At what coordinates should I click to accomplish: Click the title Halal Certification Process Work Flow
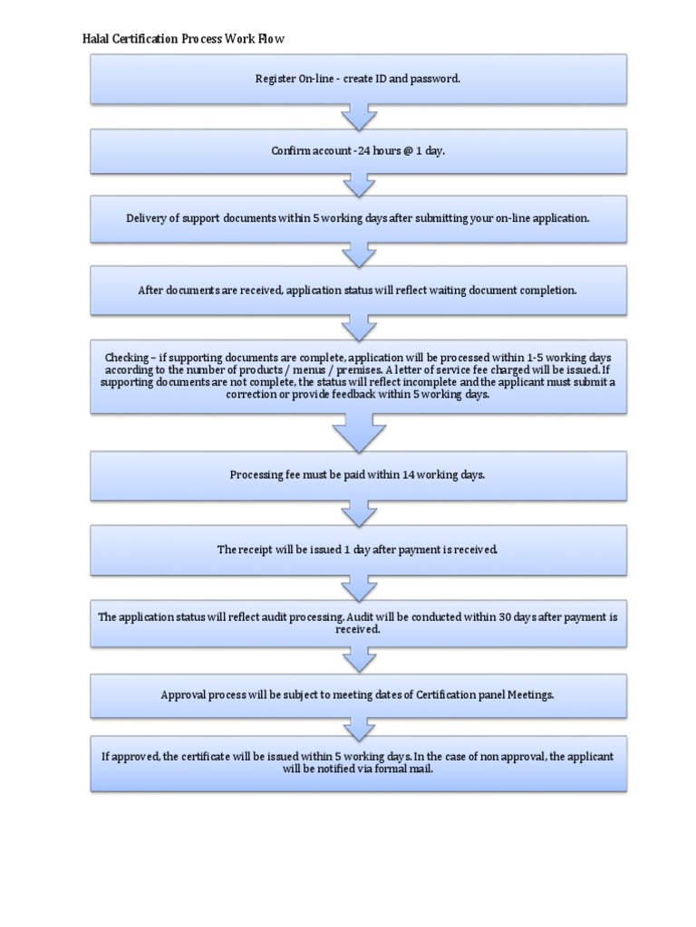[x=183, y=39]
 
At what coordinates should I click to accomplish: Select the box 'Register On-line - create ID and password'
[x=358, y=79]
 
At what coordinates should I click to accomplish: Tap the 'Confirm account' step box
[x=358, y=151]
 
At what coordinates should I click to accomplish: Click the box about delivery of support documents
[x=358, y=218]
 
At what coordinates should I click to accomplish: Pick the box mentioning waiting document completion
[x=358, y=291]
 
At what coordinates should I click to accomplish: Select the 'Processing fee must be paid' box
[x=358, y=475]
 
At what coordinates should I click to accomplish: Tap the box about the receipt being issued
[x=358, y=550]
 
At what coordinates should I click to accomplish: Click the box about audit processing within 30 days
[x=358, y=623]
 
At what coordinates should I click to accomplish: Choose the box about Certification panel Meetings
[x=358, y=695]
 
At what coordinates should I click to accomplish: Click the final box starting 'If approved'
[x=358, y=762]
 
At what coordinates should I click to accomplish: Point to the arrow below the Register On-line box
[x=358, y=117]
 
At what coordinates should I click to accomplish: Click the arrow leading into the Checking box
[x=358, y=328]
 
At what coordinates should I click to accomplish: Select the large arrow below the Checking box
[x=358, y=434]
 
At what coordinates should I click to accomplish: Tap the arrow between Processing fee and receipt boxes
[x=358, y=513]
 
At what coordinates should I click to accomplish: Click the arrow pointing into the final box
[x=358, y=727]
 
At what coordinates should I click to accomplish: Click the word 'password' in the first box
[x=436, y=80]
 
